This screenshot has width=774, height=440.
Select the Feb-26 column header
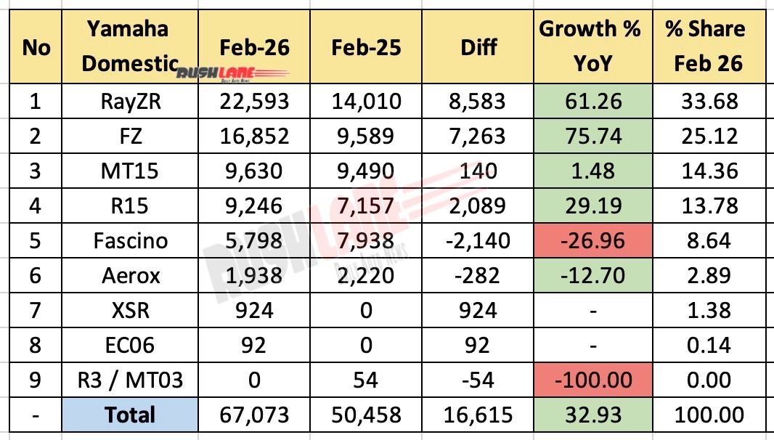coord(254,47)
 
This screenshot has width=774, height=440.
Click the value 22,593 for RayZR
coord(254,101)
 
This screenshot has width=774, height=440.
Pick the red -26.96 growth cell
coord(590,240)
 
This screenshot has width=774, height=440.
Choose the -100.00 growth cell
coord(590,380)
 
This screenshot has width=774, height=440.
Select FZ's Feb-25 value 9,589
coord(366,136)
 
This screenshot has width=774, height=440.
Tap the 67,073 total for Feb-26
coord(254,415)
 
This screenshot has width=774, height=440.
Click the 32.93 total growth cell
coord(590,415)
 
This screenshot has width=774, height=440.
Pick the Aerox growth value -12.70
coord(590,274)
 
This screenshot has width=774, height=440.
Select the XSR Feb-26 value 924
coord(254,310)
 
